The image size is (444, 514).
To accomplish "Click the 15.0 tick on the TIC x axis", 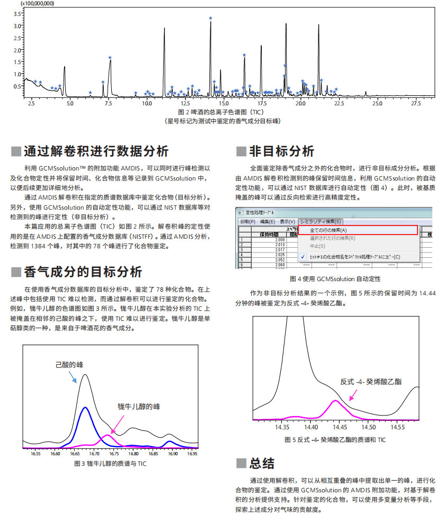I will point(224,103).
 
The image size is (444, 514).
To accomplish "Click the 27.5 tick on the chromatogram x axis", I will point(415,103).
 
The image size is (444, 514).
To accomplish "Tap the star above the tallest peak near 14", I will point(210,19).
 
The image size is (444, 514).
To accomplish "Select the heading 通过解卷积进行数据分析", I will point(96,151).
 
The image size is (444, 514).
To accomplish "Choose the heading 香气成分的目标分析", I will point(83,272).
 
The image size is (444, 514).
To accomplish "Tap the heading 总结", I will point(262,463).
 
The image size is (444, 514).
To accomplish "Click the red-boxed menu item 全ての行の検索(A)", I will point(328,230).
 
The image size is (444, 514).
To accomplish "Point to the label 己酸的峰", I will point(69,365).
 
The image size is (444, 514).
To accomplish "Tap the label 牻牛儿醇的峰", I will point(139,407).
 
